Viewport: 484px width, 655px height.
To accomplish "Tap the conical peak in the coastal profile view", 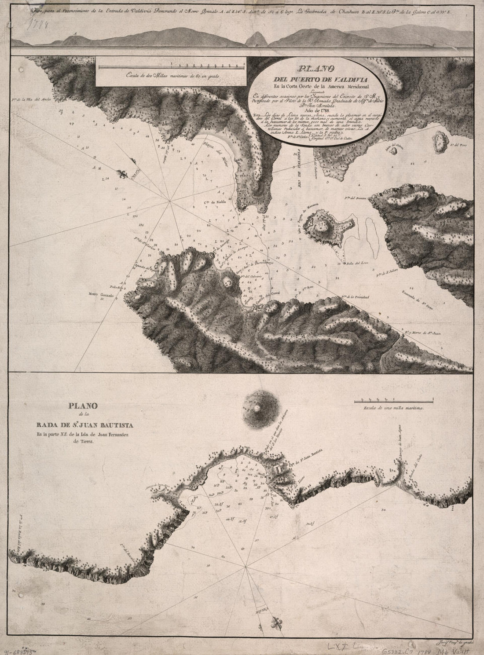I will pyautogui.click(x=255, y=38).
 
